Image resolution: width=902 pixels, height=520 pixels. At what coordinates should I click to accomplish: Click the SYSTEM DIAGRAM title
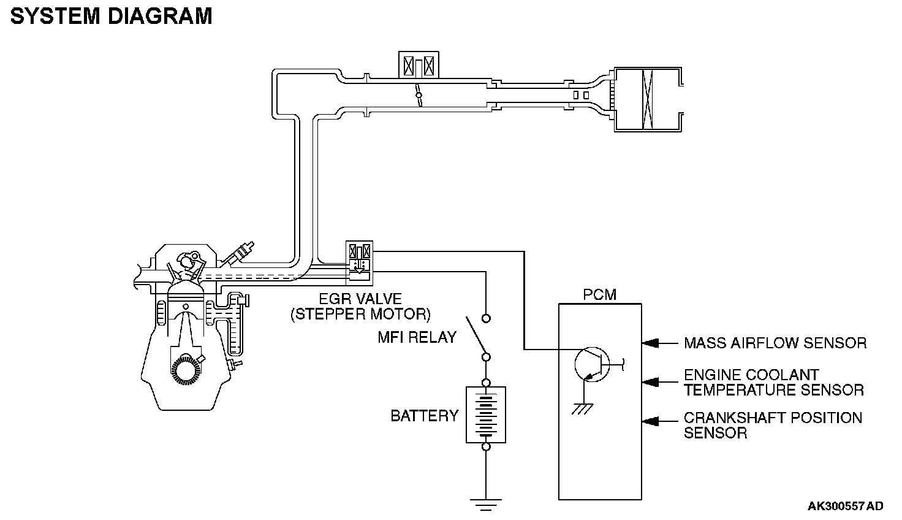coord(111,17)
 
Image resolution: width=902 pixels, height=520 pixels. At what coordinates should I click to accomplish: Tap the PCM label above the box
coord(599,295)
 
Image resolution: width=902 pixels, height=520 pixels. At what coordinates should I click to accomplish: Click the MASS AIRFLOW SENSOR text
coord(775,343)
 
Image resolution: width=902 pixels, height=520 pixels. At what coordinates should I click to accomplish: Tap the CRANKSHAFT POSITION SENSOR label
coord(773,426)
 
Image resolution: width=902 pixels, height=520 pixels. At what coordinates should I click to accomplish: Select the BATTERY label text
coord(425,416)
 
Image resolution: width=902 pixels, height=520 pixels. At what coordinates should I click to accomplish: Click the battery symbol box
coord(486,415)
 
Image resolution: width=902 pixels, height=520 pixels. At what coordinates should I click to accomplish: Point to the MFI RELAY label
coord(417,337)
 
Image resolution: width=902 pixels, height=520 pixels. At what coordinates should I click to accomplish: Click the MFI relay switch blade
coord(476,335)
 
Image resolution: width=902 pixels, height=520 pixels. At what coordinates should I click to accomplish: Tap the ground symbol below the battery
coord(486,505)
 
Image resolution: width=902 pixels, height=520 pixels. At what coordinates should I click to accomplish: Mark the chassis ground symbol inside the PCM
coord(583,408)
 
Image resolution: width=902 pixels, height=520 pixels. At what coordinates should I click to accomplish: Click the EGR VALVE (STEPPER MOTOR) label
coord(360,307)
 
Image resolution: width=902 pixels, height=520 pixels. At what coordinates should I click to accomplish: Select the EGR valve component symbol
coord(359,263)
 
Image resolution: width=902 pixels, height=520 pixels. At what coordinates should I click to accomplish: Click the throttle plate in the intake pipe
coord(419,95)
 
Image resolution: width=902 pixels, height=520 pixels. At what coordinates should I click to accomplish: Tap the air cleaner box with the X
coord(648,99)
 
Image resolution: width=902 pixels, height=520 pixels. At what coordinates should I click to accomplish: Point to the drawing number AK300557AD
coord(845,506)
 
